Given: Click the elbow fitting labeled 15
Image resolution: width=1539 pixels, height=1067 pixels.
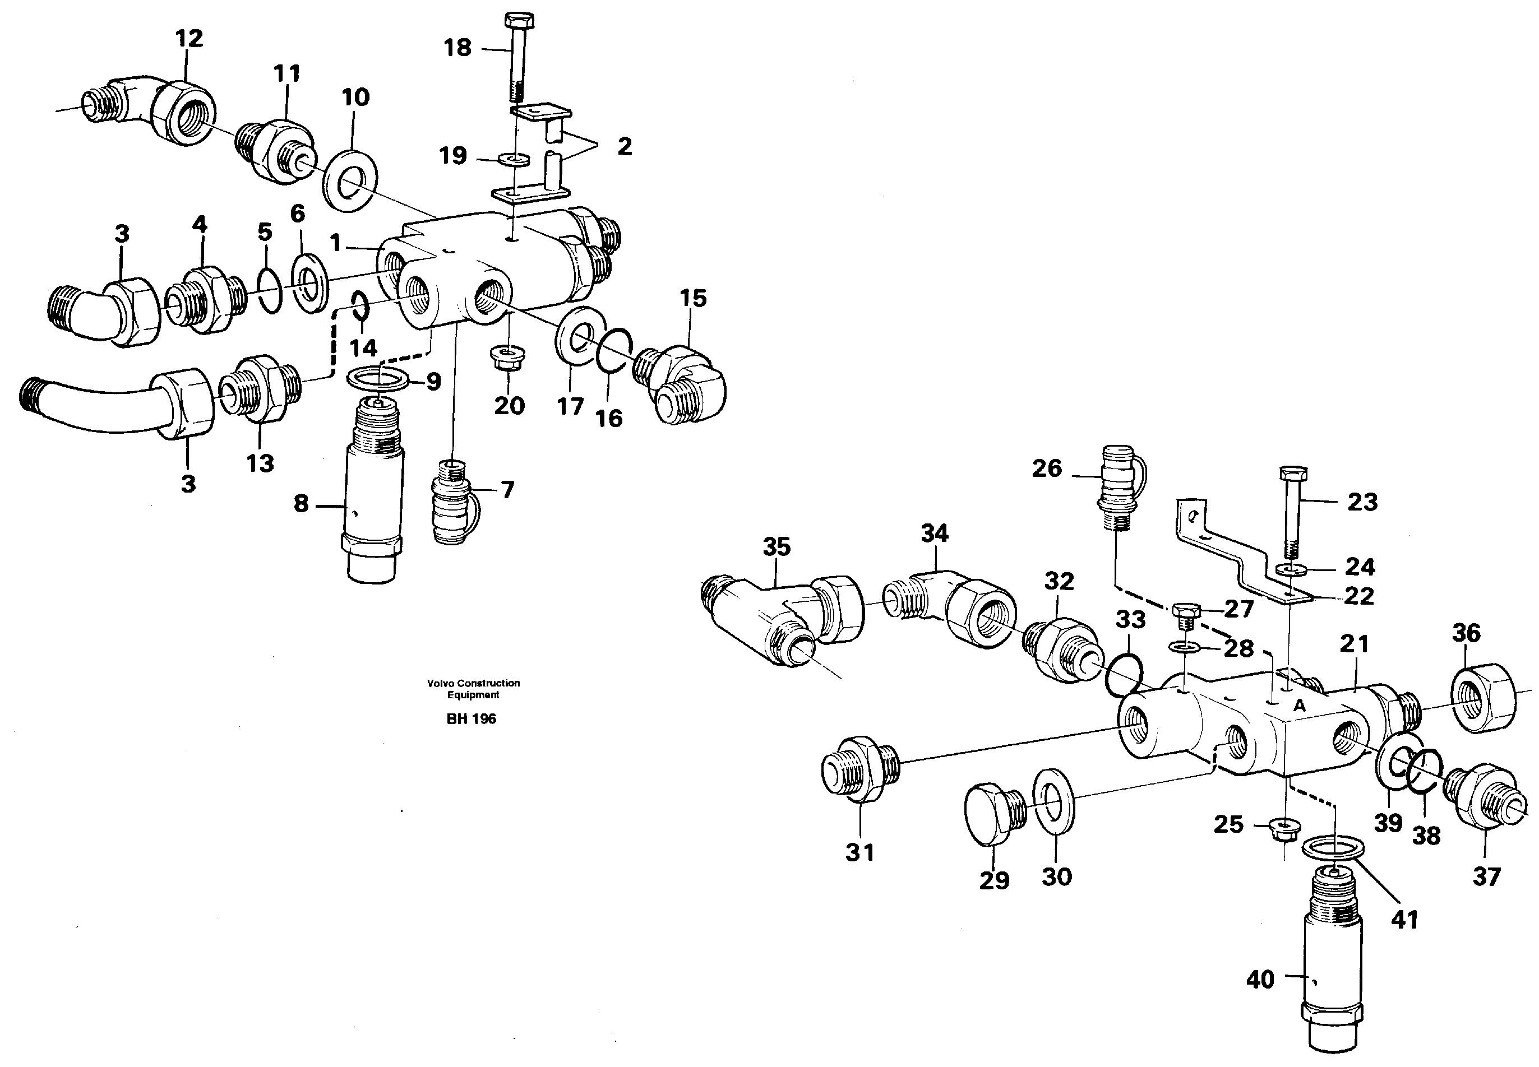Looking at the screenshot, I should coord(682,384).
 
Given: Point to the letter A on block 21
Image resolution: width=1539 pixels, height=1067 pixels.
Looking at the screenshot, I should coord(1299,706).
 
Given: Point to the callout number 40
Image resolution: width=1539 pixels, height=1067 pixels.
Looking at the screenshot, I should coord(1261,980).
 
